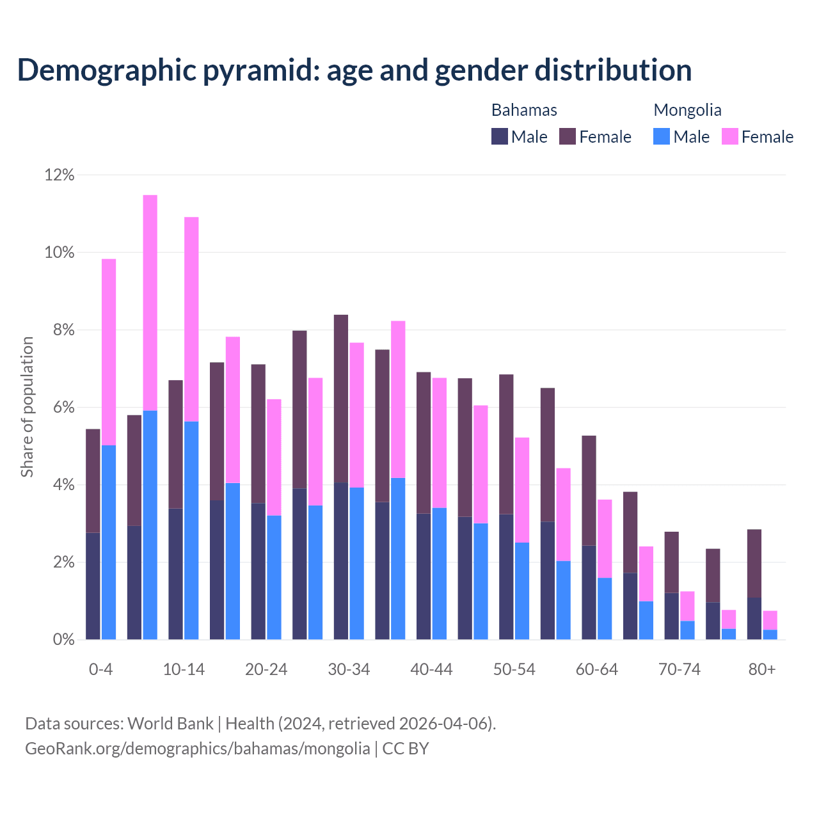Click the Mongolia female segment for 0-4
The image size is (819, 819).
[109, 352]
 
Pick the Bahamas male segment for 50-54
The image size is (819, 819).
[506, 576]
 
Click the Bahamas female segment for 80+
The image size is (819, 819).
[754, 563]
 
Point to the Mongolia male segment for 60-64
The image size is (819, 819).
[605, 608]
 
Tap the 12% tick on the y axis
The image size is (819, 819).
[60, 175]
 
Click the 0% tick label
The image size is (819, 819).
[63, 639]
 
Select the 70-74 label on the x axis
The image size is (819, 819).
[680, 669]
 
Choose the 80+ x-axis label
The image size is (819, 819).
[762, 669]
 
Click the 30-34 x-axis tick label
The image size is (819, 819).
[349, 669]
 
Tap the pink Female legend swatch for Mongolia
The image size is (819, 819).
[730, 136]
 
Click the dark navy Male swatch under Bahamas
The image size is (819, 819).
[500, 136]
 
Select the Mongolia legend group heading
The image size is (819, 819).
[687, 110]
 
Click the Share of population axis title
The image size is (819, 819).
[28, 407]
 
